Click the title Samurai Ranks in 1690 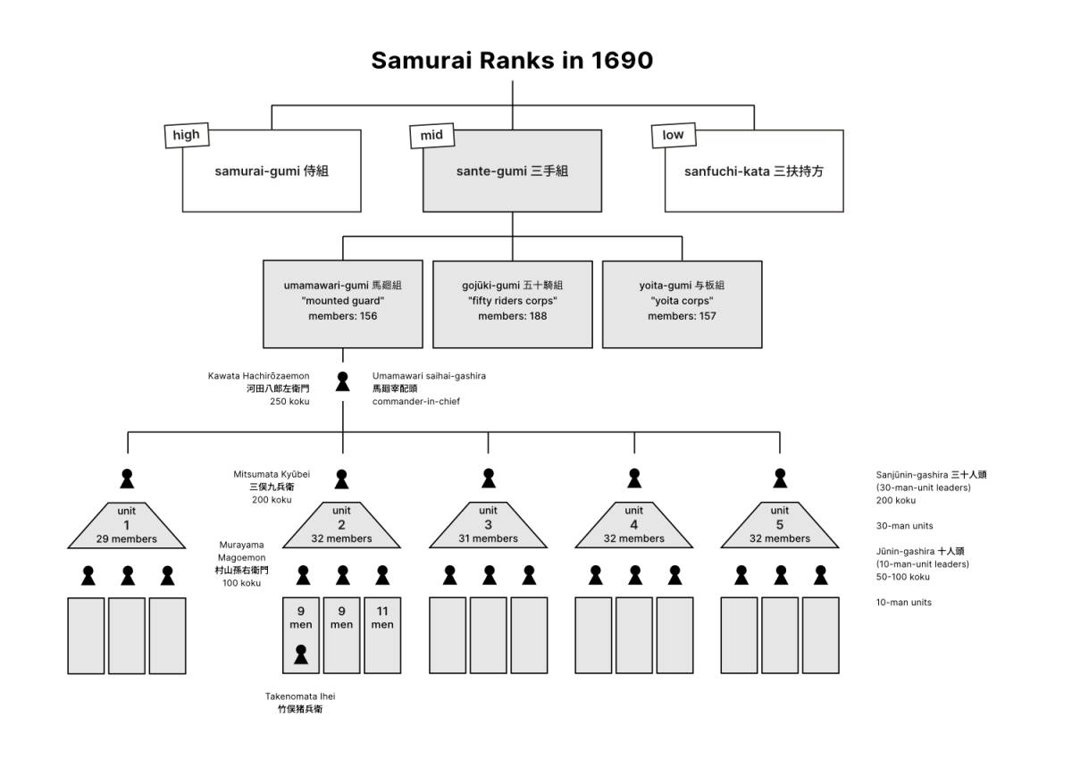512,61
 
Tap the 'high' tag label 186,135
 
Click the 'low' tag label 673,135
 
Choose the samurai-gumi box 272,171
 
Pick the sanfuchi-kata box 754,171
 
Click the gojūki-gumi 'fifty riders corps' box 512,304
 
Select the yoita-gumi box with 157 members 682,304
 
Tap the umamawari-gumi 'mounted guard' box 342,304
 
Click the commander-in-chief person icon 342,382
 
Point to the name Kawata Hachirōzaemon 259,376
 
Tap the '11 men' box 382,635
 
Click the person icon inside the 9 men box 301,656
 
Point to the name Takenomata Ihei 300,696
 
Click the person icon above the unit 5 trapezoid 780,479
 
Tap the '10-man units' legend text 903,603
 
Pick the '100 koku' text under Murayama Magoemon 241,583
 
